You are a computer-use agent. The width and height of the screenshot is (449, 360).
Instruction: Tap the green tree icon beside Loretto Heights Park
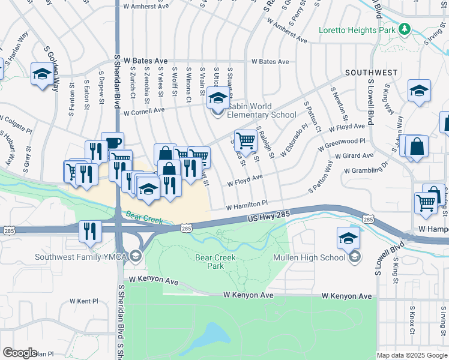(x=405, y=29)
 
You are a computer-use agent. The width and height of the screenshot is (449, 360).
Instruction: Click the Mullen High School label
(x=309, y=257)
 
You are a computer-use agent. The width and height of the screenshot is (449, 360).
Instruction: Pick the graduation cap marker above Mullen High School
(x=349, y=238)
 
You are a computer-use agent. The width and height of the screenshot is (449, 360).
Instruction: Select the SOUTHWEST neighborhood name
(x=371, y=73)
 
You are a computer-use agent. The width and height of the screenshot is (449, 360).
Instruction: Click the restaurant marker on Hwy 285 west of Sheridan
(x=90, y=231)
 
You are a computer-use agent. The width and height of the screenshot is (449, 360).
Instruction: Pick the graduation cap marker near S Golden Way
(x=42, y=74)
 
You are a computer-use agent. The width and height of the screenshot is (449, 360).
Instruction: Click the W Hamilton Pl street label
(x=246, y=206)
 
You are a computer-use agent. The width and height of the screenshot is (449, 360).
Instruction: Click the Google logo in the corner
(x=20, y=353)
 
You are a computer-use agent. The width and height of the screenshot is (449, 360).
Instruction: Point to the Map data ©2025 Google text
(x=412, y=355)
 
